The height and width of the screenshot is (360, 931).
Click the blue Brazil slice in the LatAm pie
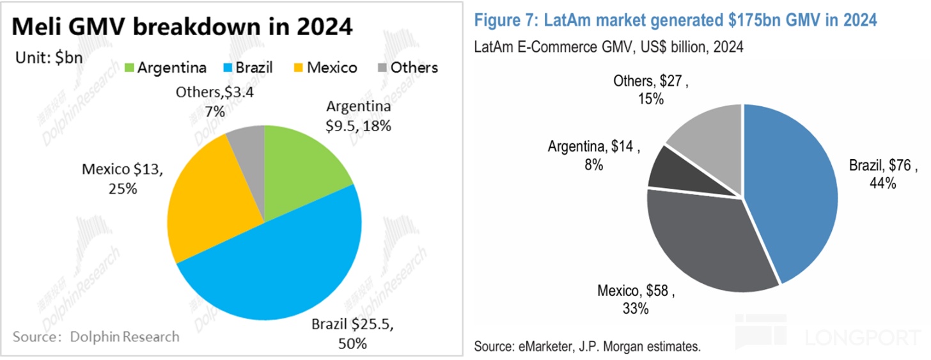(793, 185)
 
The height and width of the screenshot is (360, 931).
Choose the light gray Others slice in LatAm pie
(710, 131)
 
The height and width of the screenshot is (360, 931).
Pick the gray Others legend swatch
(381, 68)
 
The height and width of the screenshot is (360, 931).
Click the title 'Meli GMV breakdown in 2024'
(182, 27)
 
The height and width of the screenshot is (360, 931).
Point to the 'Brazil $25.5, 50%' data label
(352, 334)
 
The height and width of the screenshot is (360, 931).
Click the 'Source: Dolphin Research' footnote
(97, 336)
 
